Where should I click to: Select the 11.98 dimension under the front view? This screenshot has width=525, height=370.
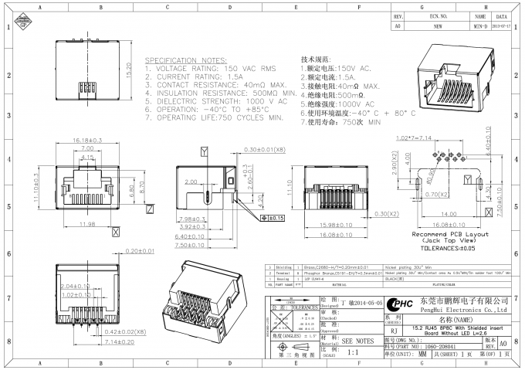click(x=86, y=225)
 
